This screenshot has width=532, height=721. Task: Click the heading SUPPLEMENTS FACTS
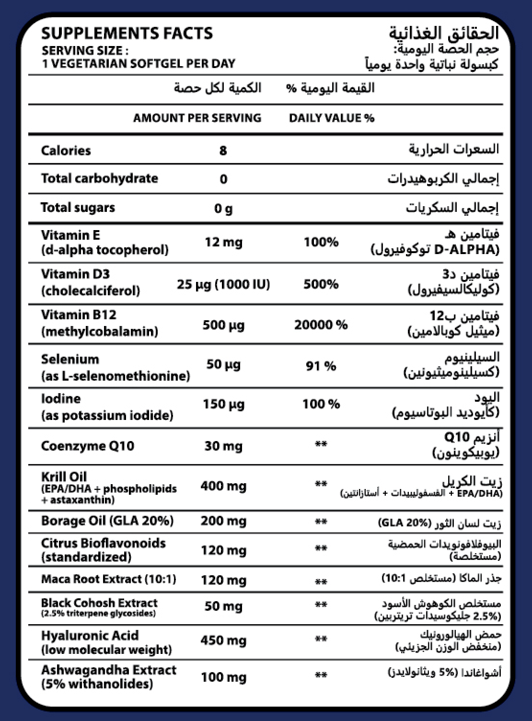point(127,34)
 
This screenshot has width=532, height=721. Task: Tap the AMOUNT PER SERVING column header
point(197,118)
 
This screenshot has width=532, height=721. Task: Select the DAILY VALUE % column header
point(332,118)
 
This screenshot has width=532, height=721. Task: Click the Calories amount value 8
point(223,151)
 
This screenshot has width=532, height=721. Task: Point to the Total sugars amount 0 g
point(223,209)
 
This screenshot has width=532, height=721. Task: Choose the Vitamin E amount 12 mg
point(223,242)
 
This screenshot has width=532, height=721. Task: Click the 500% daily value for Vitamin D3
point(321,284)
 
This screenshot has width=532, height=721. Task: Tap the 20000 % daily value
point(321,325)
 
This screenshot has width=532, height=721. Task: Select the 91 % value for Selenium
point(321,366)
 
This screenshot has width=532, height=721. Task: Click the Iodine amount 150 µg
point(223,404)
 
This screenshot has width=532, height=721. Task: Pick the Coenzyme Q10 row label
point(88,446)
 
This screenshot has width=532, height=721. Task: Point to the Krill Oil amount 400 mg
point(223,486)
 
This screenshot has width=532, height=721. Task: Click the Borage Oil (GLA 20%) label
point(107,521)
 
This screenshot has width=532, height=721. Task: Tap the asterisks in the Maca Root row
point(321,581)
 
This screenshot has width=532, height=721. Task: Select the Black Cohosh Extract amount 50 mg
point(223,606)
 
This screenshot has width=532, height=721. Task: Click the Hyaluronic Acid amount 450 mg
point(223,640)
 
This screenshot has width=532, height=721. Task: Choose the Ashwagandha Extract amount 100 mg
point(223,677)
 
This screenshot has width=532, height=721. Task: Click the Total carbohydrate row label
point(100,178)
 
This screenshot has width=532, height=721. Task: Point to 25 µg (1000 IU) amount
point(223,284)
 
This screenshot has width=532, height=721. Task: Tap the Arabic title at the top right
point(444,34)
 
